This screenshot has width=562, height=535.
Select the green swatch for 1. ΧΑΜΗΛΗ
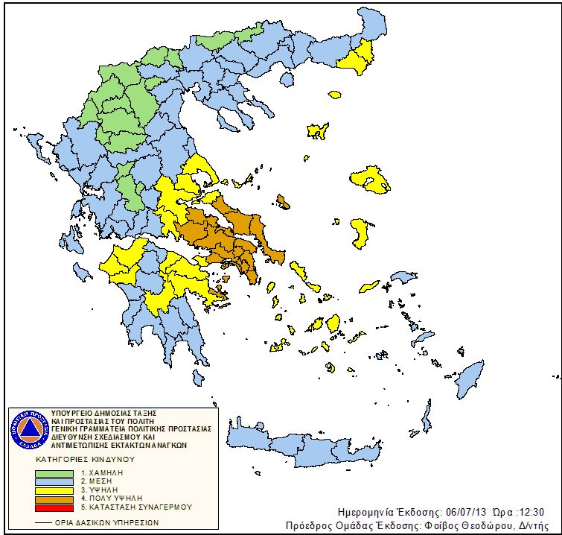(55, 473)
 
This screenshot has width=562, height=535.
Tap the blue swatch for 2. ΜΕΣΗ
(55, 481)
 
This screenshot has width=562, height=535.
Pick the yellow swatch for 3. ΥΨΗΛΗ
(55, 490)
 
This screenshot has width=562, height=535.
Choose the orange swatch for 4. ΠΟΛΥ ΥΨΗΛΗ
(55, 498)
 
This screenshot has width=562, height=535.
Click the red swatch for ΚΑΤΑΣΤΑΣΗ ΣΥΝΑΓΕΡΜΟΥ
(55, 506)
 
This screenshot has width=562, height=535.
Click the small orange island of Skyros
(284, 201)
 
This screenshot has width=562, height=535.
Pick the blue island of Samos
(404, 277)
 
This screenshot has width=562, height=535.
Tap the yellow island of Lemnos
(318, 131)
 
